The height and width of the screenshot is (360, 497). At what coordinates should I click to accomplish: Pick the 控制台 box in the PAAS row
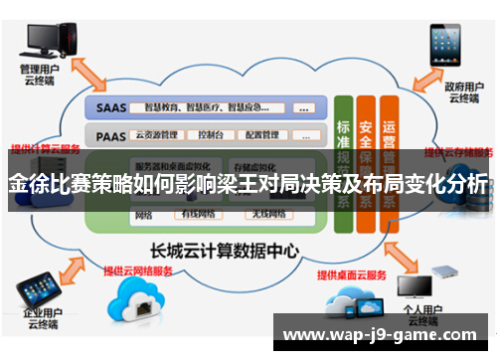(x=211, y=133)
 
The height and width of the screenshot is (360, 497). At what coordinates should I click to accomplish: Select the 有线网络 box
(x=199, y=214)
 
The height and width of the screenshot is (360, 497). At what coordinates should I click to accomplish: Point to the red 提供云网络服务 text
(x=138, y=270)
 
